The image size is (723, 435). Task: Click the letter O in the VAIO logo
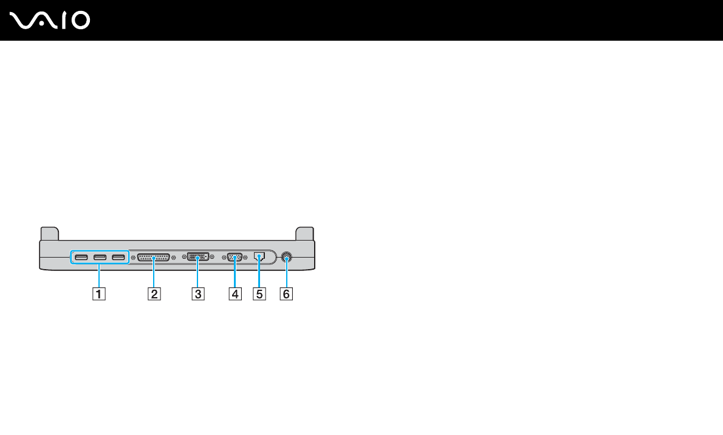click(80, 21)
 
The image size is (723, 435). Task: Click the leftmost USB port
click(82, 258)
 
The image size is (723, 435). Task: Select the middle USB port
click(100, 258)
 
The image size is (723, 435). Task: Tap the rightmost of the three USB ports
click(118, 258)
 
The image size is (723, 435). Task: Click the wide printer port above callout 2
click(153, 258)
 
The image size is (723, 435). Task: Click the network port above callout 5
click(259, 257)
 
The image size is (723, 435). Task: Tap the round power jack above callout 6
click(286, 258)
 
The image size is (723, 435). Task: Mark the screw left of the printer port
click(133, 258)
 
